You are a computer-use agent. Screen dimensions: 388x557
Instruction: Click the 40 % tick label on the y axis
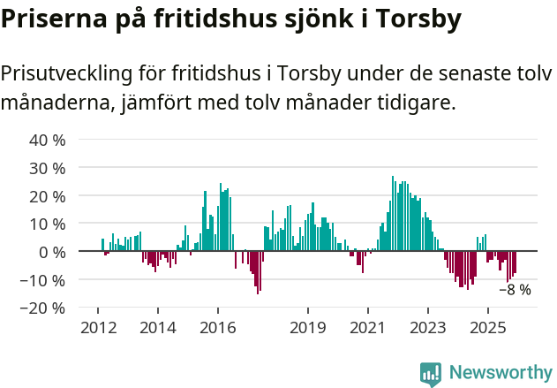pos(47,140)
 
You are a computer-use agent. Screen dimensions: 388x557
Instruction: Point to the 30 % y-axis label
pos(47,168)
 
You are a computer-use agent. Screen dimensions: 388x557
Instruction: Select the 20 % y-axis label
pos(47,196)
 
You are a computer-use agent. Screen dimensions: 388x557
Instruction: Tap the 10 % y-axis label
pos(47,224)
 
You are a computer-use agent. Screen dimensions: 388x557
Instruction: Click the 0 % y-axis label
pos(51,253)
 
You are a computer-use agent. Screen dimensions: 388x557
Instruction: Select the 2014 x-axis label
pos(157,328)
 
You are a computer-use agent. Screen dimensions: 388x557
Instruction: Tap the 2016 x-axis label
pos(217,328)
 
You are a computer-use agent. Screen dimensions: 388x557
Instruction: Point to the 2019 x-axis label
pos(307,328)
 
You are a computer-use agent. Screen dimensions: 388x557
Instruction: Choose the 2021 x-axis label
pos(367,328)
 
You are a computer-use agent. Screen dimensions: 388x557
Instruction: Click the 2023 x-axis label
pos(427,328)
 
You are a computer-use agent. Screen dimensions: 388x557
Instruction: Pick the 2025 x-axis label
pos(487,328)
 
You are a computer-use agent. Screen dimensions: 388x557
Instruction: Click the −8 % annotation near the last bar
pos(515,290)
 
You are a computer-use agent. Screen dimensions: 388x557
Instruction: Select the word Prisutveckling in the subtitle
pos(72,74)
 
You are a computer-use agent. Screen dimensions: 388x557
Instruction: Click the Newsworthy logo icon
pos(431,374)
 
